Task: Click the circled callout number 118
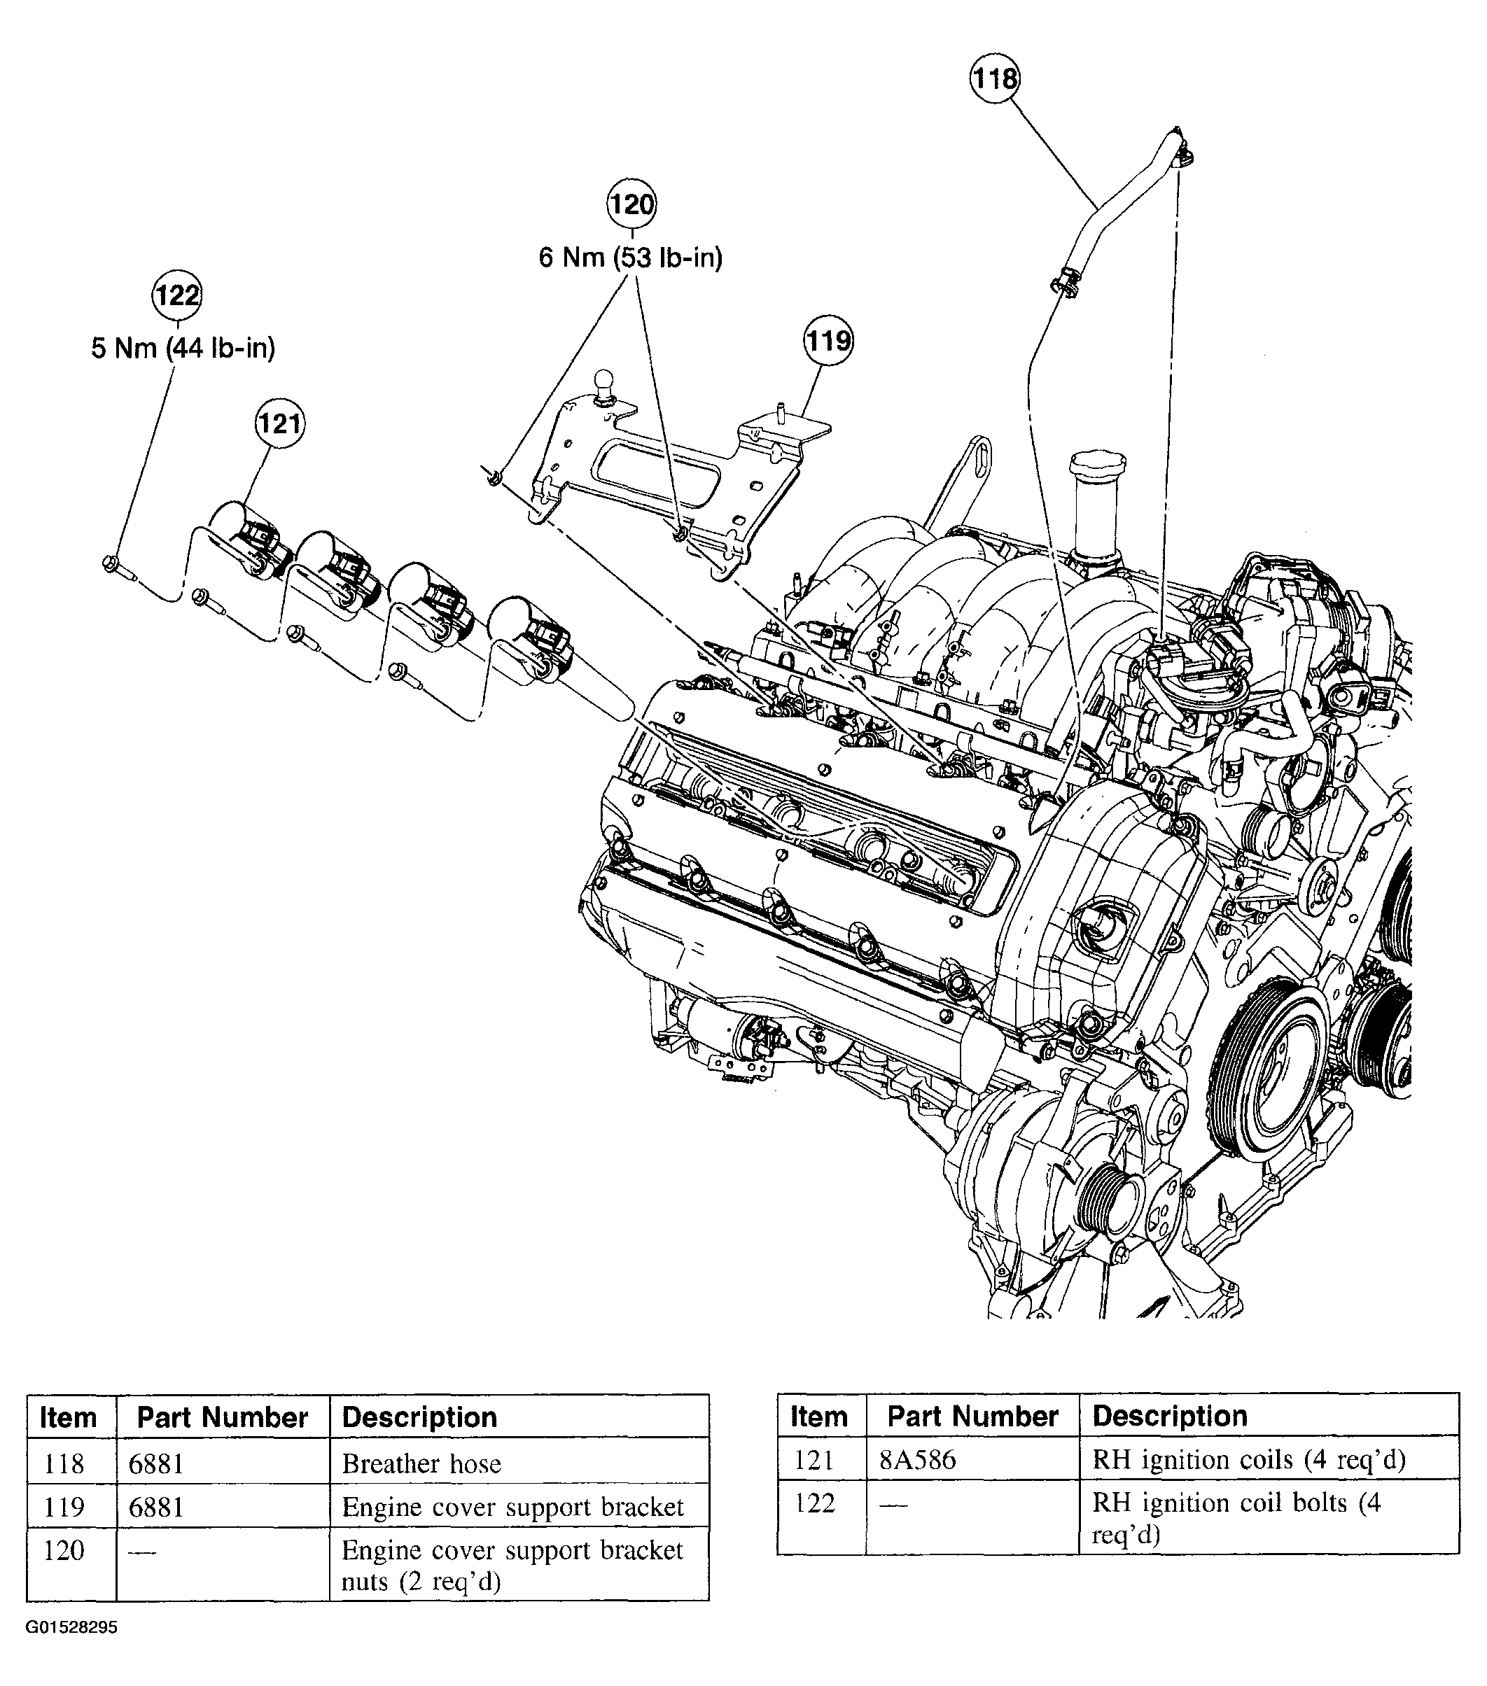point(993,79)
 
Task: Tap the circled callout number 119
point(828,341)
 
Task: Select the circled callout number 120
point(631,204)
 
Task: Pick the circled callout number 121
point(279,424)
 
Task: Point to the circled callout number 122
point(177,295)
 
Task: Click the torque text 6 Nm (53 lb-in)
point(631,258)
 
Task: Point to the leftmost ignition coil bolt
point(111,564)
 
